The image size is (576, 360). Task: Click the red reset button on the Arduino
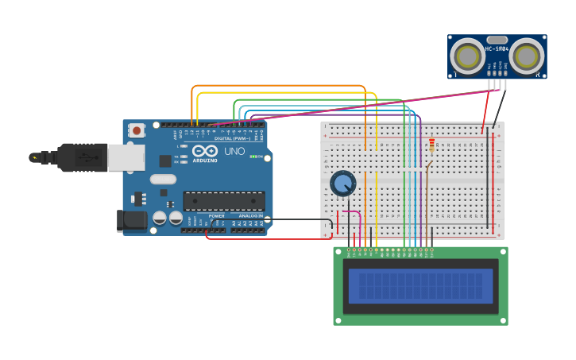[x=137, y=130]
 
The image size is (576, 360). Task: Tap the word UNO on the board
[x=234, y=151]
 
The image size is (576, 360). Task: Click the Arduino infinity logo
[x=204, y=151]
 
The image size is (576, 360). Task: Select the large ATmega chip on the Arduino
[x=224, y=201]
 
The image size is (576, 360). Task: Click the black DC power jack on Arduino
[x=131, y=220]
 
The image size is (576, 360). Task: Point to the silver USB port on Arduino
[x=126, y=157]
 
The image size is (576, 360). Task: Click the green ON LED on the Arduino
[x=253, y=157]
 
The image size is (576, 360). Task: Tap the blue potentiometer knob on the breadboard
[x=343, y=184]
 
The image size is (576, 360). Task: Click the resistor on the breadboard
[x=431, y=145]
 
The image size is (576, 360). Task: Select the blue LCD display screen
[x=420, y=285]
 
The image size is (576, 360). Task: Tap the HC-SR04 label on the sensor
[x=497, y=49]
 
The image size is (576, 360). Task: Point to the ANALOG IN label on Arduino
[x=250, y=215]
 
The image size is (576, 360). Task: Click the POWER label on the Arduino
[x=216, y=215]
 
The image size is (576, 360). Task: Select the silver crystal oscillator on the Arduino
[x=162, y=179]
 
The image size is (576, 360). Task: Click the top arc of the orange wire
[x=278, y=86]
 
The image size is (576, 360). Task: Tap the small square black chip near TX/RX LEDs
[x=165, y=161]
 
